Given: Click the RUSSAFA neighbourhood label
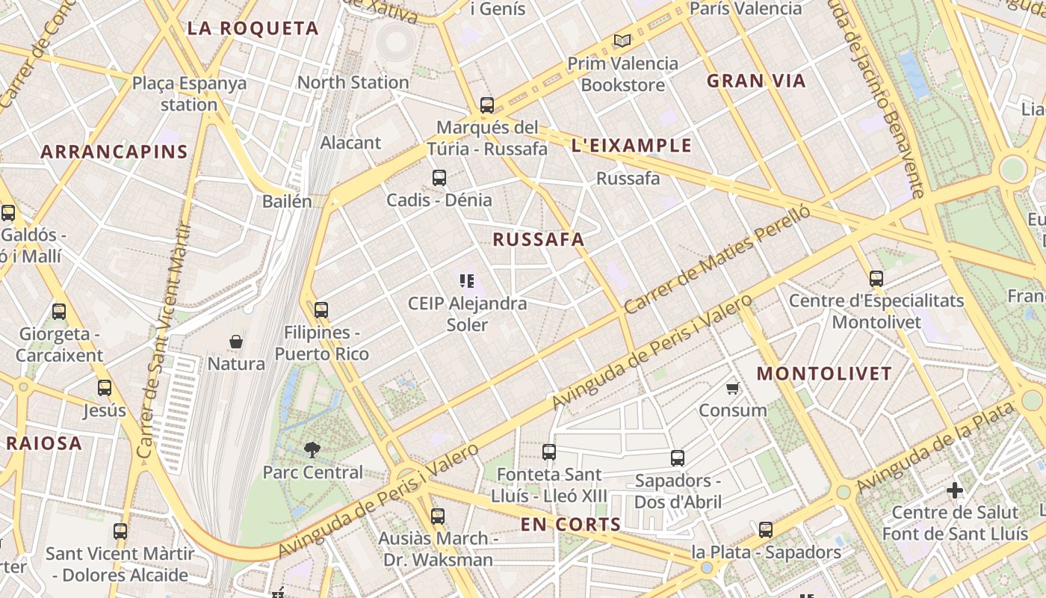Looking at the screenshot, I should (538, 240).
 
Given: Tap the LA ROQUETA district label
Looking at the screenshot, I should (253, 29).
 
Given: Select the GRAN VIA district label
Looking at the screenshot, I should (756, 81).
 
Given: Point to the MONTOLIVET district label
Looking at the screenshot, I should (825, 374).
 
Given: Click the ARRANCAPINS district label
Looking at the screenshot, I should (114, 152).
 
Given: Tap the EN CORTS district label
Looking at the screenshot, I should (571, 525).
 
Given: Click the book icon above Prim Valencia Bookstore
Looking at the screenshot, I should (622, 41).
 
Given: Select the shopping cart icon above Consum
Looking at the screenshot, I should (733, 388).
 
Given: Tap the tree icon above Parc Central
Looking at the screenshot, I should (312, 450).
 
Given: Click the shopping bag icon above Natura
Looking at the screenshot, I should (236, 342).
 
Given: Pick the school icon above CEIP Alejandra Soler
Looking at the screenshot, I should (467, 281).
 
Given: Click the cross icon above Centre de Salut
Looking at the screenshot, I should (955, 490).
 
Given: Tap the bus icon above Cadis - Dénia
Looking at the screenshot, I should (439, 178).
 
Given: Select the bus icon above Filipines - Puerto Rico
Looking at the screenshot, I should (321, 309).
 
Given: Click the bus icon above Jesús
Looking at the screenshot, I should (105, 388).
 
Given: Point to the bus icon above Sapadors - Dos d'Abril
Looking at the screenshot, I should (678, 458).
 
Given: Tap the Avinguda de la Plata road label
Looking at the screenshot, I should (935, 448).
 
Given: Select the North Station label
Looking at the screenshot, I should (353, 82).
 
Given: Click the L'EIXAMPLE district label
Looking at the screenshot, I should (631, 146).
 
